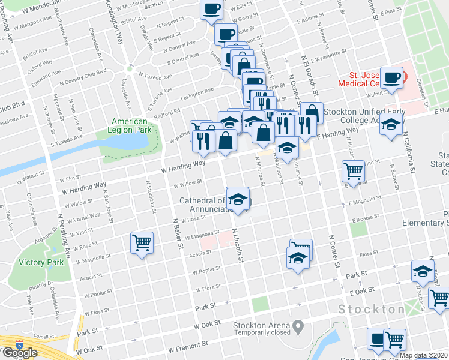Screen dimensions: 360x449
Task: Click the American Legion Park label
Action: [130, 125]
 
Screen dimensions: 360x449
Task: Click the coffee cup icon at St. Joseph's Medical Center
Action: [392, 77]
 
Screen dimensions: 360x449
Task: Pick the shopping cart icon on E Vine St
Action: [353, 171]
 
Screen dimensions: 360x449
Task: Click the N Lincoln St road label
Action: [239, 246]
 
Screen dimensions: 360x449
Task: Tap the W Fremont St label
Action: [188, 347]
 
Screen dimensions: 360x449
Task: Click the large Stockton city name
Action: [371, 310]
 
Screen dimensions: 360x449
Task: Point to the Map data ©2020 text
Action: [424, 355]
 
